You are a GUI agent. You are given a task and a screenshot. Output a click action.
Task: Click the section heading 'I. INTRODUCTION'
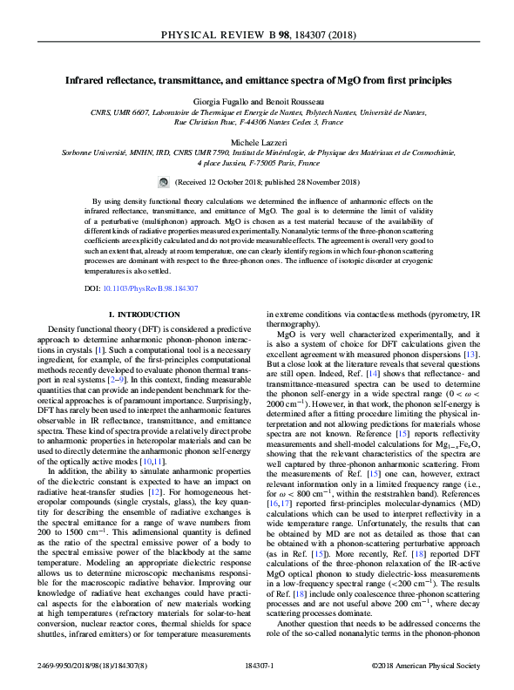[143, 313]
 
